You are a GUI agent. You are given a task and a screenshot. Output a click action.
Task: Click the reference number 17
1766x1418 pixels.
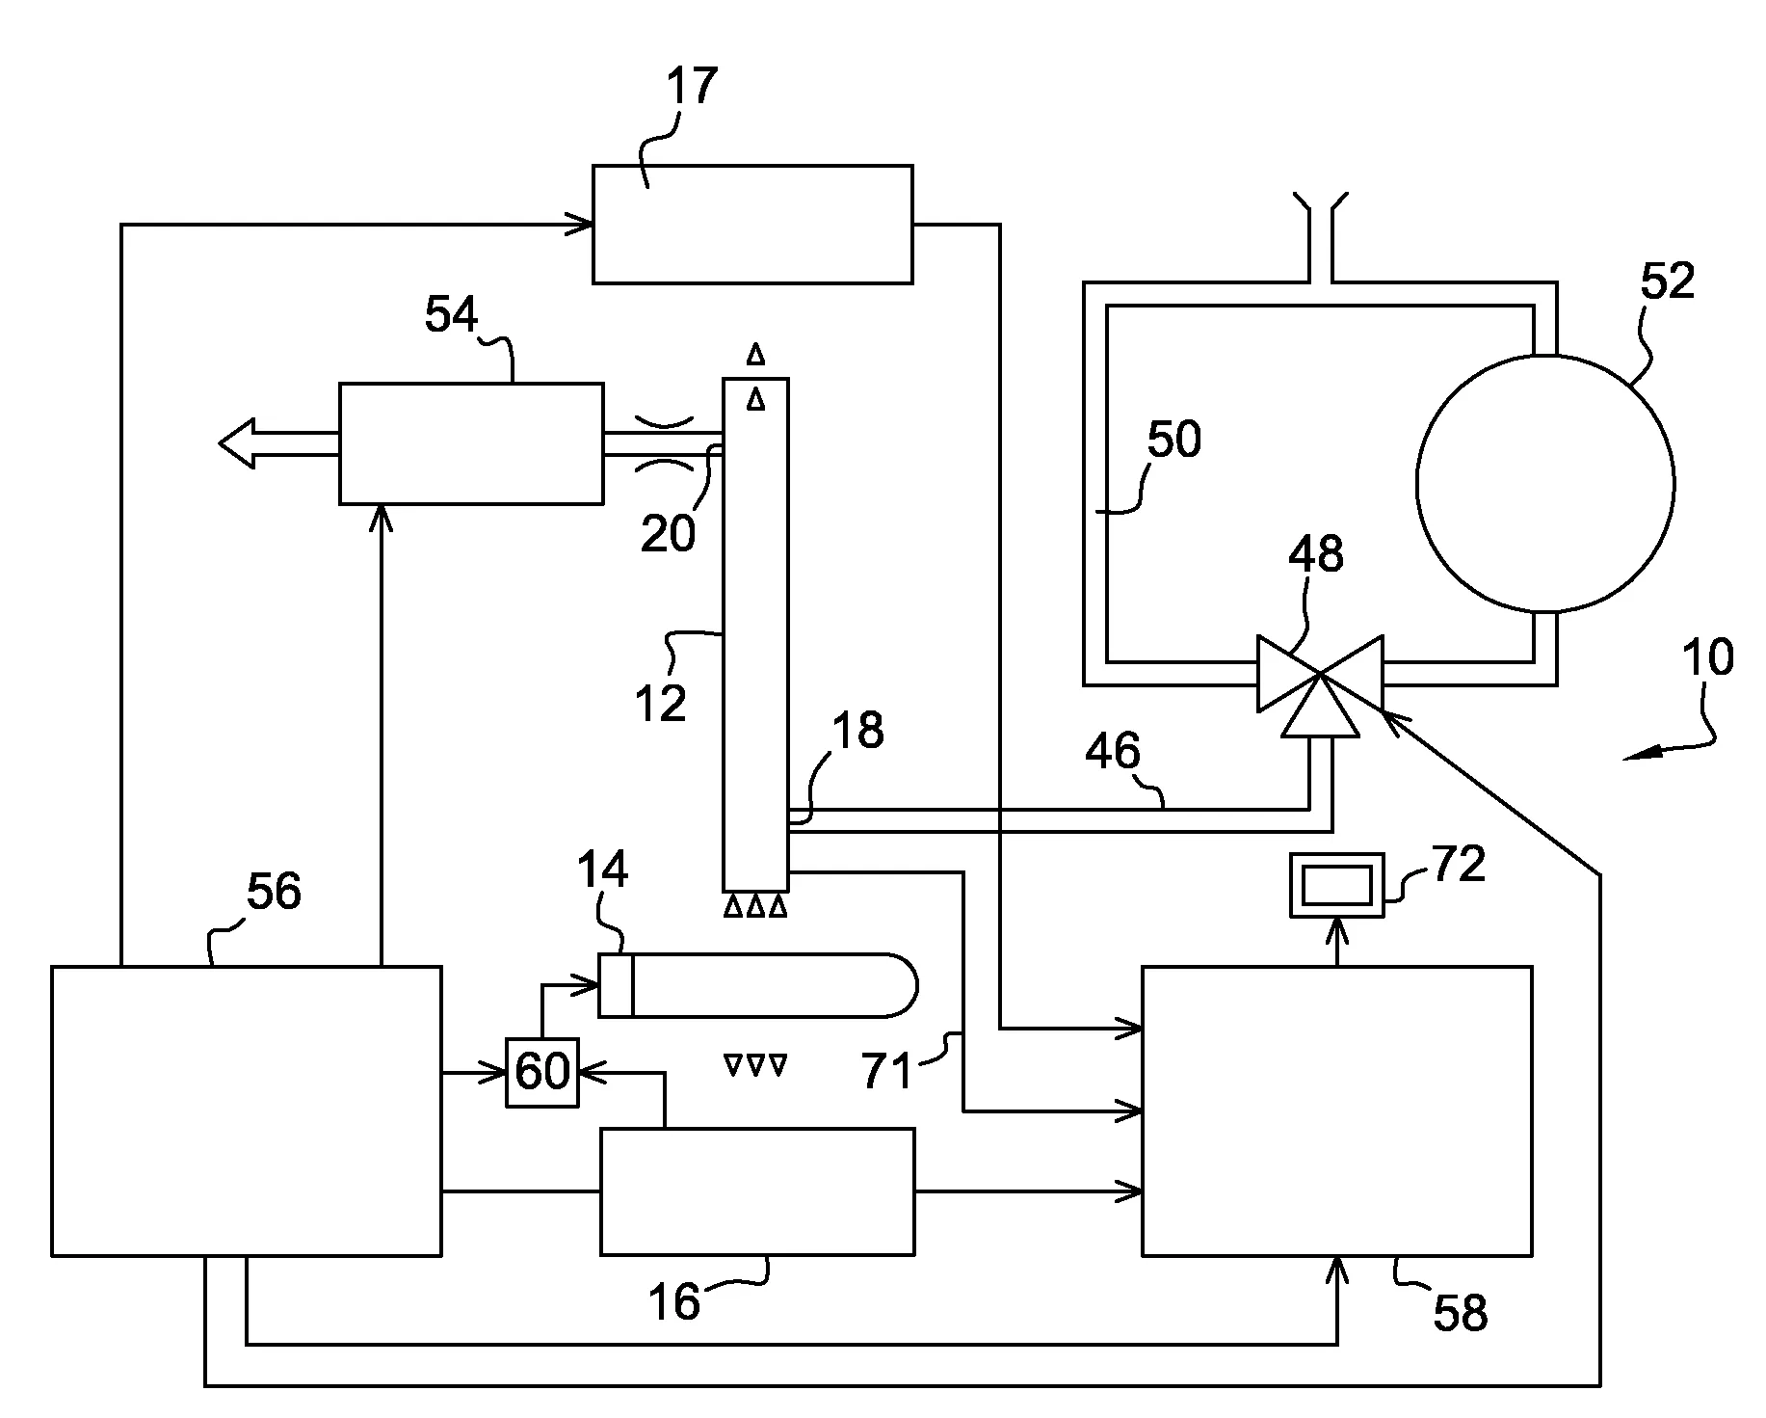(x=693, y=85)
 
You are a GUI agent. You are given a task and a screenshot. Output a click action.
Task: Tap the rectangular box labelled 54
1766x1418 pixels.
(x=471, y=443)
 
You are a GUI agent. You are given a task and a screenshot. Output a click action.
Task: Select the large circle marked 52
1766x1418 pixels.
(x=1545, y=483)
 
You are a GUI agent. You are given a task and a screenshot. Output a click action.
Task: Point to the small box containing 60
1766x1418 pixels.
(x=542, y=1072)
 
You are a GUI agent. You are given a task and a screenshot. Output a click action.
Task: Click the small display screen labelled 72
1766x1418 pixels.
(x=1336, y=884)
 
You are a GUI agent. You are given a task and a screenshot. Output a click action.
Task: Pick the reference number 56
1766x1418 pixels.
(x=275, y=892)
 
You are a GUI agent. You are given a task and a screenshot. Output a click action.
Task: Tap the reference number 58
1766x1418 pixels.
(x=1460, y=1313)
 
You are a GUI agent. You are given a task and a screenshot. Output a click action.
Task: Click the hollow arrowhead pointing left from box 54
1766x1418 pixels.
(x=237, y=443)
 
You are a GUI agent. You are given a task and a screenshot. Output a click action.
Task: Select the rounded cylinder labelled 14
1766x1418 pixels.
(x=757, y=984)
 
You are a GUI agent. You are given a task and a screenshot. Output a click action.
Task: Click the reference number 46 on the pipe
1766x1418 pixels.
(x=1113, y=751)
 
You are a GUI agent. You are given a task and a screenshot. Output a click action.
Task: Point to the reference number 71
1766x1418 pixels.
(x=887, y=1071)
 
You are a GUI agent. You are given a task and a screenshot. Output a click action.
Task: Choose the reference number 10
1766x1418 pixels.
(x=1707, y=657)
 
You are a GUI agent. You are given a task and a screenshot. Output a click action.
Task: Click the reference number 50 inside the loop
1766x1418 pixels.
(x=1173, y=440)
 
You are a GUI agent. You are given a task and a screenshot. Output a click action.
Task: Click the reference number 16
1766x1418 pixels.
(x=673, y=1303)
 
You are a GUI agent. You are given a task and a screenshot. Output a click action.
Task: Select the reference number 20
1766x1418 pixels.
(x=668, y=533)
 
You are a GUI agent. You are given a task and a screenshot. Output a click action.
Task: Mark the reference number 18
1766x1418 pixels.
(x=857, y=731)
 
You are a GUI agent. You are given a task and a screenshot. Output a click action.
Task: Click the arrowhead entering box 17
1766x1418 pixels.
(x=583, y=225)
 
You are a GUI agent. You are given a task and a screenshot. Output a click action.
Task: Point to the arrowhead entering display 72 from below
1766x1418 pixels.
(x=1336, y=927)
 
